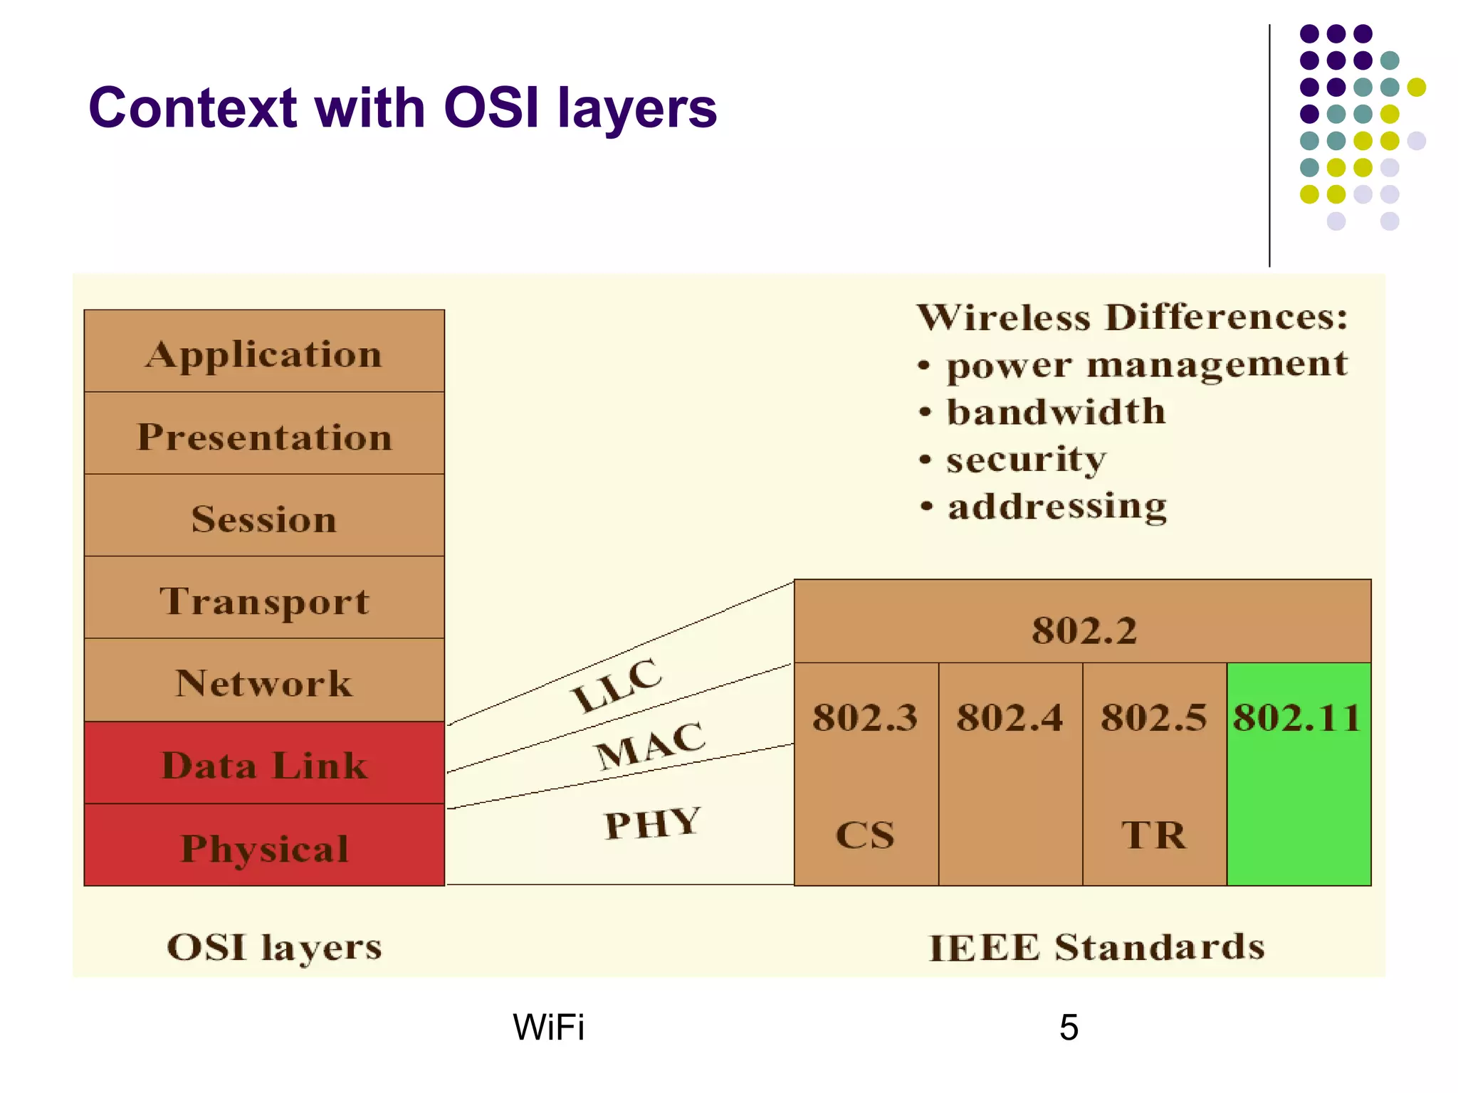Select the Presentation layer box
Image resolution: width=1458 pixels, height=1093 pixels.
pos(264,435)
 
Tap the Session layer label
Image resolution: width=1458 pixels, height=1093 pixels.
pos(264,518)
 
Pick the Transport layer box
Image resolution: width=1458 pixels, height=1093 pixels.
pos(264,600)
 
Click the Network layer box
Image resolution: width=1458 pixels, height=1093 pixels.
pos(264,682)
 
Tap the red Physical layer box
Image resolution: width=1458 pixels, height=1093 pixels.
pos(264,847)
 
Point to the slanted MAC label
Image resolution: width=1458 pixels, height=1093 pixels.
pos(650,744)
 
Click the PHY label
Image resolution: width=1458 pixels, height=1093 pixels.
pos(653,823)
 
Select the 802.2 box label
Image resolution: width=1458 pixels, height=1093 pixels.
pos(1084,630)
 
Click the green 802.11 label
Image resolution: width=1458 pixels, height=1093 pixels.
pos(1298,717)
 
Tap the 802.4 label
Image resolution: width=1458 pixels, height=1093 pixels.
pos(1009,717)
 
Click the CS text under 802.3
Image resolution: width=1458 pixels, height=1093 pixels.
pos(865,835)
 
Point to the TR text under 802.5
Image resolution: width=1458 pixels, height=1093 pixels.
pos(1154,835)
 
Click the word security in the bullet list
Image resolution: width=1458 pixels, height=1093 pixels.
pos(1026,459)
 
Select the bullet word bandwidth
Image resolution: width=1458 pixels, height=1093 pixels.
pos(1056,411)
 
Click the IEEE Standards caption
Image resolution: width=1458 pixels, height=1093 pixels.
pos(1097,947)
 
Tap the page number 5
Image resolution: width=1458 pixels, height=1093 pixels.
pos(1069,1027)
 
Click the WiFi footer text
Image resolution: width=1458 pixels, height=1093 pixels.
pos(548,1027)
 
